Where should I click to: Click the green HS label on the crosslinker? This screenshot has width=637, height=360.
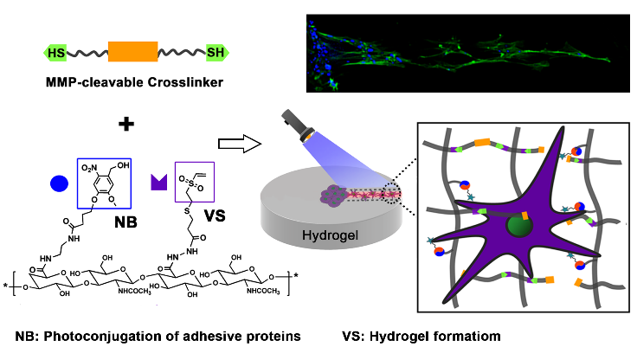click(x=56, y=54)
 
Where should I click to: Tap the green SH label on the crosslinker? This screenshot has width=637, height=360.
click(x=215, y=54)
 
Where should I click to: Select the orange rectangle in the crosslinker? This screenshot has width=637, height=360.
click(x=132, y=54)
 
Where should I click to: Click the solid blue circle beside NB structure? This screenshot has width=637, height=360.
click(x=59, y=183)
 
